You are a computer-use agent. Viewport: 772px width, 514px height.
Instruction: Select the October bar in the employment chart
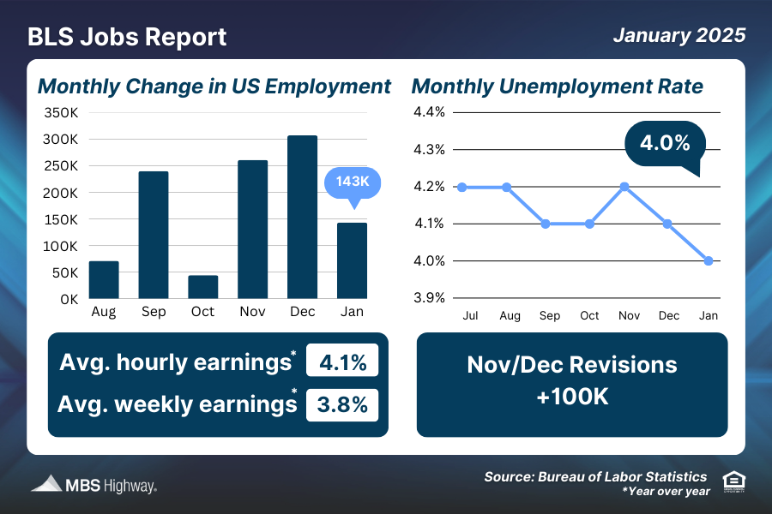[202, 287]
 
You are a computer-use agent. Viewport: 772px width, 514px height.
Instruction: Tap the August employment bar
[104, 280]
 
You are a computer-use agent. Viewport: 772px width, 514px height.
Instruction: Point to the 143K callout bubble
[353, 183]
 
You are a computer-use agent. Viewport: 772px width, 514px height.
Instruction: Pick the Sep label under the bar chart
[154, 312]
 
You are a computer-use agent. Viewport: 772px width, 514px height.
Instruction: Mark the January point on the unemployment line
[709, 261]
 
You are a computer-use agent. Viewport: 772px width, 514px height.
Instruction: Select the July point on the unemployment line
[462, 187]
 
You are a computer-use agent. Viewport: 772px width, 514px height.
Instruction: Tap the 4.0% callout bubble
[665, 143]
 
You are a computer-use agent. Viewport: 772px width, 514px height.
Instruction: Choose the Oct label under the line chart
[589, 316]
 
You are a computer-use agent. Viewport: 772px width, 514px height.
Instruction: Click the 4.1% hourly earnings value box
[342, 362]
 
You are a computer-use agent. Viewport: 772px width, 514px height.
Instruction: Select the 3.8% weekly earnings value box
[342, 403]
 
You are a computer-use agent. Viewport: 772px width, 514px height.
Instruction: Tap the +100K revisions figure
[571, 397]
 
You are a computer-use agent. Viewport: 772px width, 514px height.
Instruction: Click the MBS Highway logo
[93, 485]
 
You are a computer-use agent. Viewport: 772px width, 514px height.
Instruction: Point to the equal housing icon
[733, 481]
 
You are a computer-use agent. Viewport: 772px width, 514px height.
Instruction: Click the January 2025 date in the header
[679, 36]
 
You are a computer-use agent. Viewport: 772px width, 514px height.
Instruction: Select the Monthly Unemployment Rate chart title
[558, 87]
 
